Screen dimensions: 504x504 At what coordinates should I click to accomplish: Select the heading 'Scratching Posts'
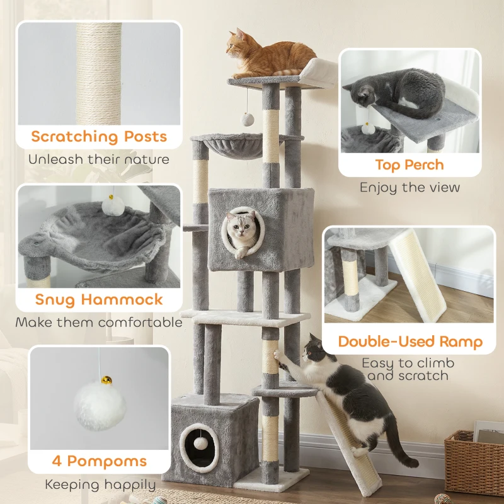pos(99,137)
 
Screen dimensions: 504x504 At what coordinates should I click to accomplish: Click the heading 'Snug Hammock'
pos(99,299)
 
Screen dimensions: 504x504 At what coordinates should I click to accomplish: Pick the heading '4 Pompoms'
pos(100,461)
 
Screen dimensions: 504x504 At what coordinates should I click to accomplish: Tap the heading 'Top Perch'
pos(409,165)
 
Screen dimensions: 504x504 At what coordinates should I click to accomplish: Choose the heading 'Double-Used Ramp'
pos(410,342)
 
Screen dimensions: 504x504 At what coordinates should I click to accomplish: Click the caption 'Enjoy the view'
pos(409,187)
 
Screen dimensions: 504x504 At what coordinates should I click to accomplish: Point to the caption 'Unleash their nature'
pos(99,159)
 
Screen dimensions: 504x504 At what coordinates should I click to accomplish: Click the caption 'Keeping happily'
pos(100,484)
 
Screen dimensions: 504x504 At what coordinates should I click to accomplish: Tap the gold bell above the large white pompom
pos(108,380)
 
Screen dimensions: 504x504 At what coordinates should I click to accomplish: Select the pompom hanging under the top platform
pos(247,119)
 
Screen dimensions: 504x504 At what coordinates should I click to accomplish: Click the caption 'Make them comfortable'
pos(99,323)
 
